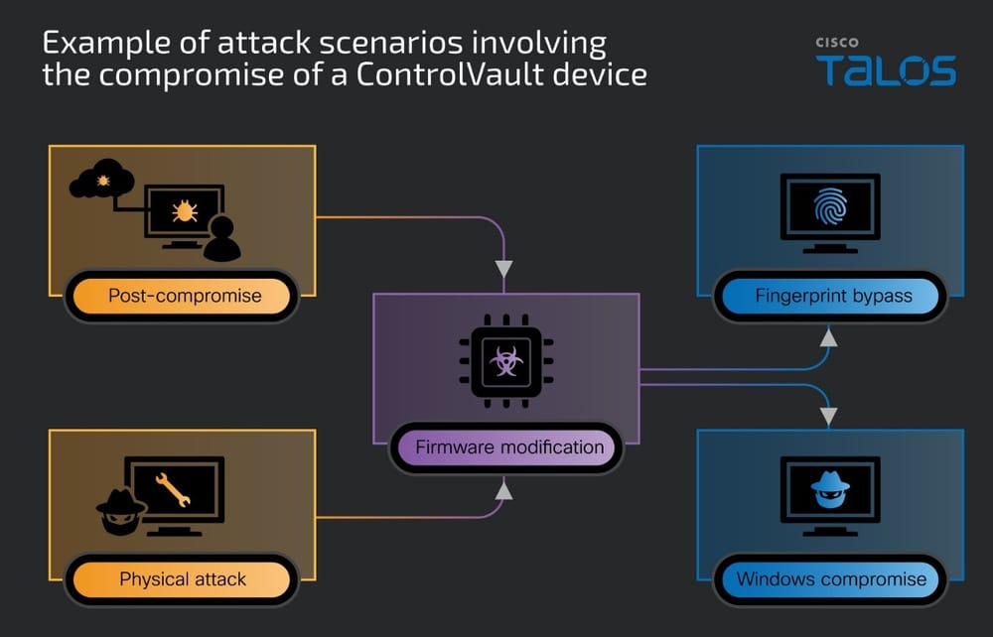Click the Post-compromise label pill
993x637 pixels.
[184, 296]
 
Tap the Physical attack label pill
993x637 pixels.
[183, 578]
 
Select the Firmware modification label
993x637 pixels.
[508, 446]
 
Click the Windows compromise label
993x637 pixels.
[831, 578]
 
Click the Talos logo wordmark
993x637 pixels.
[886, 70]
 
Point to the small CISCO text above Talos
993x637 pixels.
[837, 43]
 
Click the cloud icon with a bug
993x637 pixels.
[101, 181]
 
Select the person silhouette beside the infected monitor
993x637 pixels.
[221, 238]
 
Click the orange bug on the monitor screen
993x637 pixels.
[184, 210]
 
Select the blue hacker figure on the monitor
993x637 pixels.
[829, 488]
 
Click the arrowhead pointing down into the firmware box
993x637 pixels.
[504, 269]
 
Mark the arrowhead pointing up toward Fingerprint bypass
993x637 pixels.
[829, 338]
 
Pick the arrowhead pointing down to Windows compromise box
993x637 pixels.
[829, 413]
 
